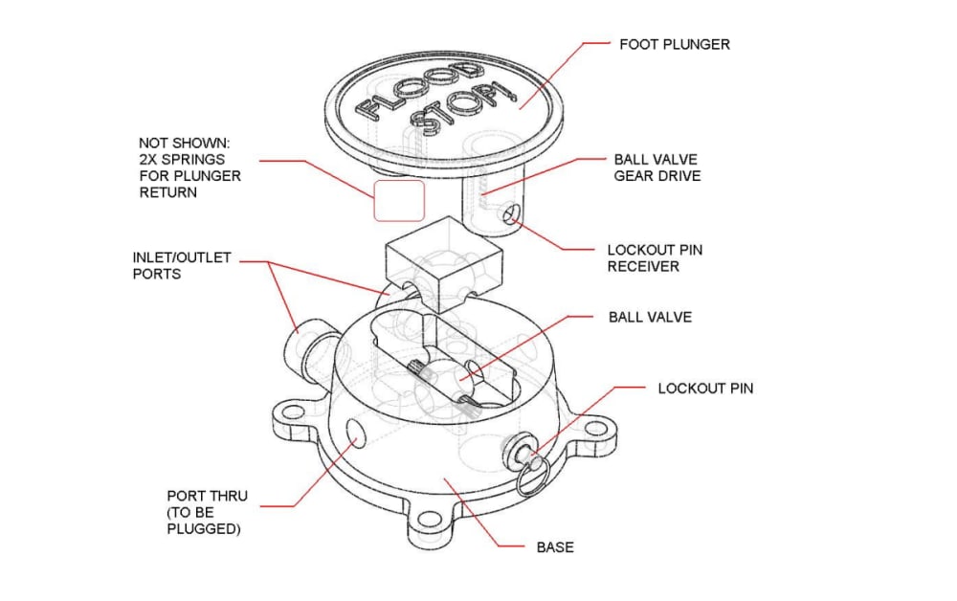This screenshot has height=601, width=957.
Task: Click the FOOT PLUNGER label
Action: [675, 45]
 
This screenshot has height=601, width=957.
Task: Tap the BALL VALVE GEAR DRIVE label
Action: [657, 167]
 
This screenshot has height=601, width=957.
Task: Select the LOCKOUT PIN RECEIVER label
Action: [655, 258]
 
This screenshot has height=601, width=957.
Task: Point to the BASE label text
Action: [555, 547]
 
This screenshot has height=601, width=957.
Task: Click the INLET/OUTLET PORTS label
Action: [182, 265]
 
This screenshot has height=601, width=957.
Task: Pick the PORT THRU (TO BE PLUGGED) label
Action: [208, 512]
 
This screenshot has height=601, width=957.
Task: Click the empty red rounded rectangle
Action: [399, 201]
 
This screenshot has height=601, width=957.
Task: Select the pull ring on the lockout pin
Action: [532, 478]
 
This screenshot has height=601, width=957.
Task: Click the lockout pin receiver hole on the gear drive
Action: [510, 214]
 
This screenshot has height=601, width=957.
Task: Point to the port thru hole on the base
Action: [354, 432]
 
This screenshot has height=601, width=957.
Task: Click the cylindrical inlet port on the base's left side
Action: [313, 351]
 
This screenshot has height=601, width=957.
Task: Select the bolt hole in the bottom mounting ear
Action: [431, 521]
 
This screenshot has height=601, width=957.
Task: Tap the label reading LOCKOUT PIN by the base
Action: [705, 389]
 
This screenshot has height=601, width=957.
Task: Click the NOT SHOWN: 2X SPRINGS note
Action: [189, 167]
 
